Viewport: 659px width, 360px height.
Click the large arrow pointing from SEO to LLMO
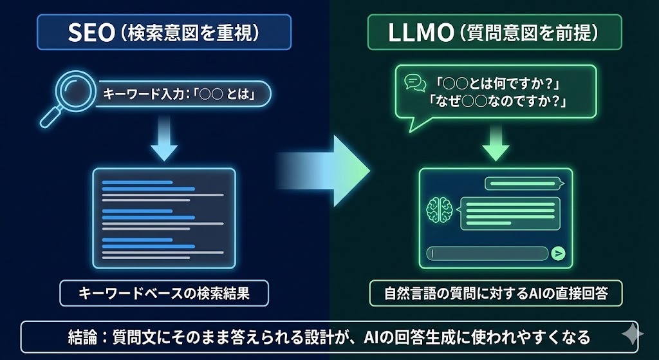[x=325, y=171]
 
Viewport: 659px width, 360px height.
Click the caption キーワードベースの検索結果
[x=163, y=294]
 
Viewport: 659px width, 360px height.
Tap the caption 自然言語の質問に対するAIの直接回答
[x=495, y=294]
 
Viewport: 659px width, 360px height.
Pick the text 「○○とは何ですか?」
[x=497, y=83]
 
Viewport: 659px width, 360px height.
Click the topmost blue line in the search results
[x=137, y=182]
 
